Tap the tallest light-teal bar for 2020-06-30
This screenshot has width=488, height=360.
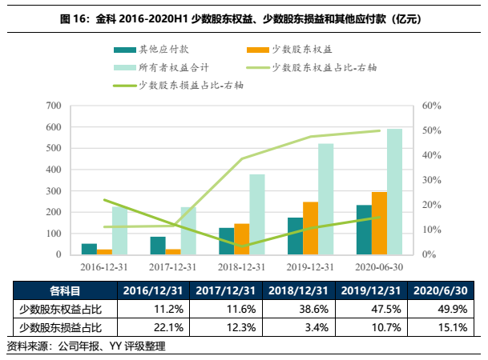coord(395,192)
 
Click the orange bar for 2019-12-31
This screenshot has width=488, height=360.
coord(310,228)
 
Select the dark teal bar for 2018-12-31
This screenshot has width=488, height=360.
coord(227,241)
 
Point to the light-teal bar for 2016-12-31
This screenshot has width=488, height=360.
coord(119,230)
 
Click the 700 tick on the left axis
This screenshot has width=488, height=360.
coord(54,106)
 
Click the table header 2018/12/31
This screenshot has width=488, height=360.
coord(300,290)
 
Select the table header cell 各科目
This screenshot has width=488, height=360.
coord(66,290)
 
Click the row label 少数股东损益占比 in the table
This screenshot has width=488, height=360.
coord(66,326)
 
